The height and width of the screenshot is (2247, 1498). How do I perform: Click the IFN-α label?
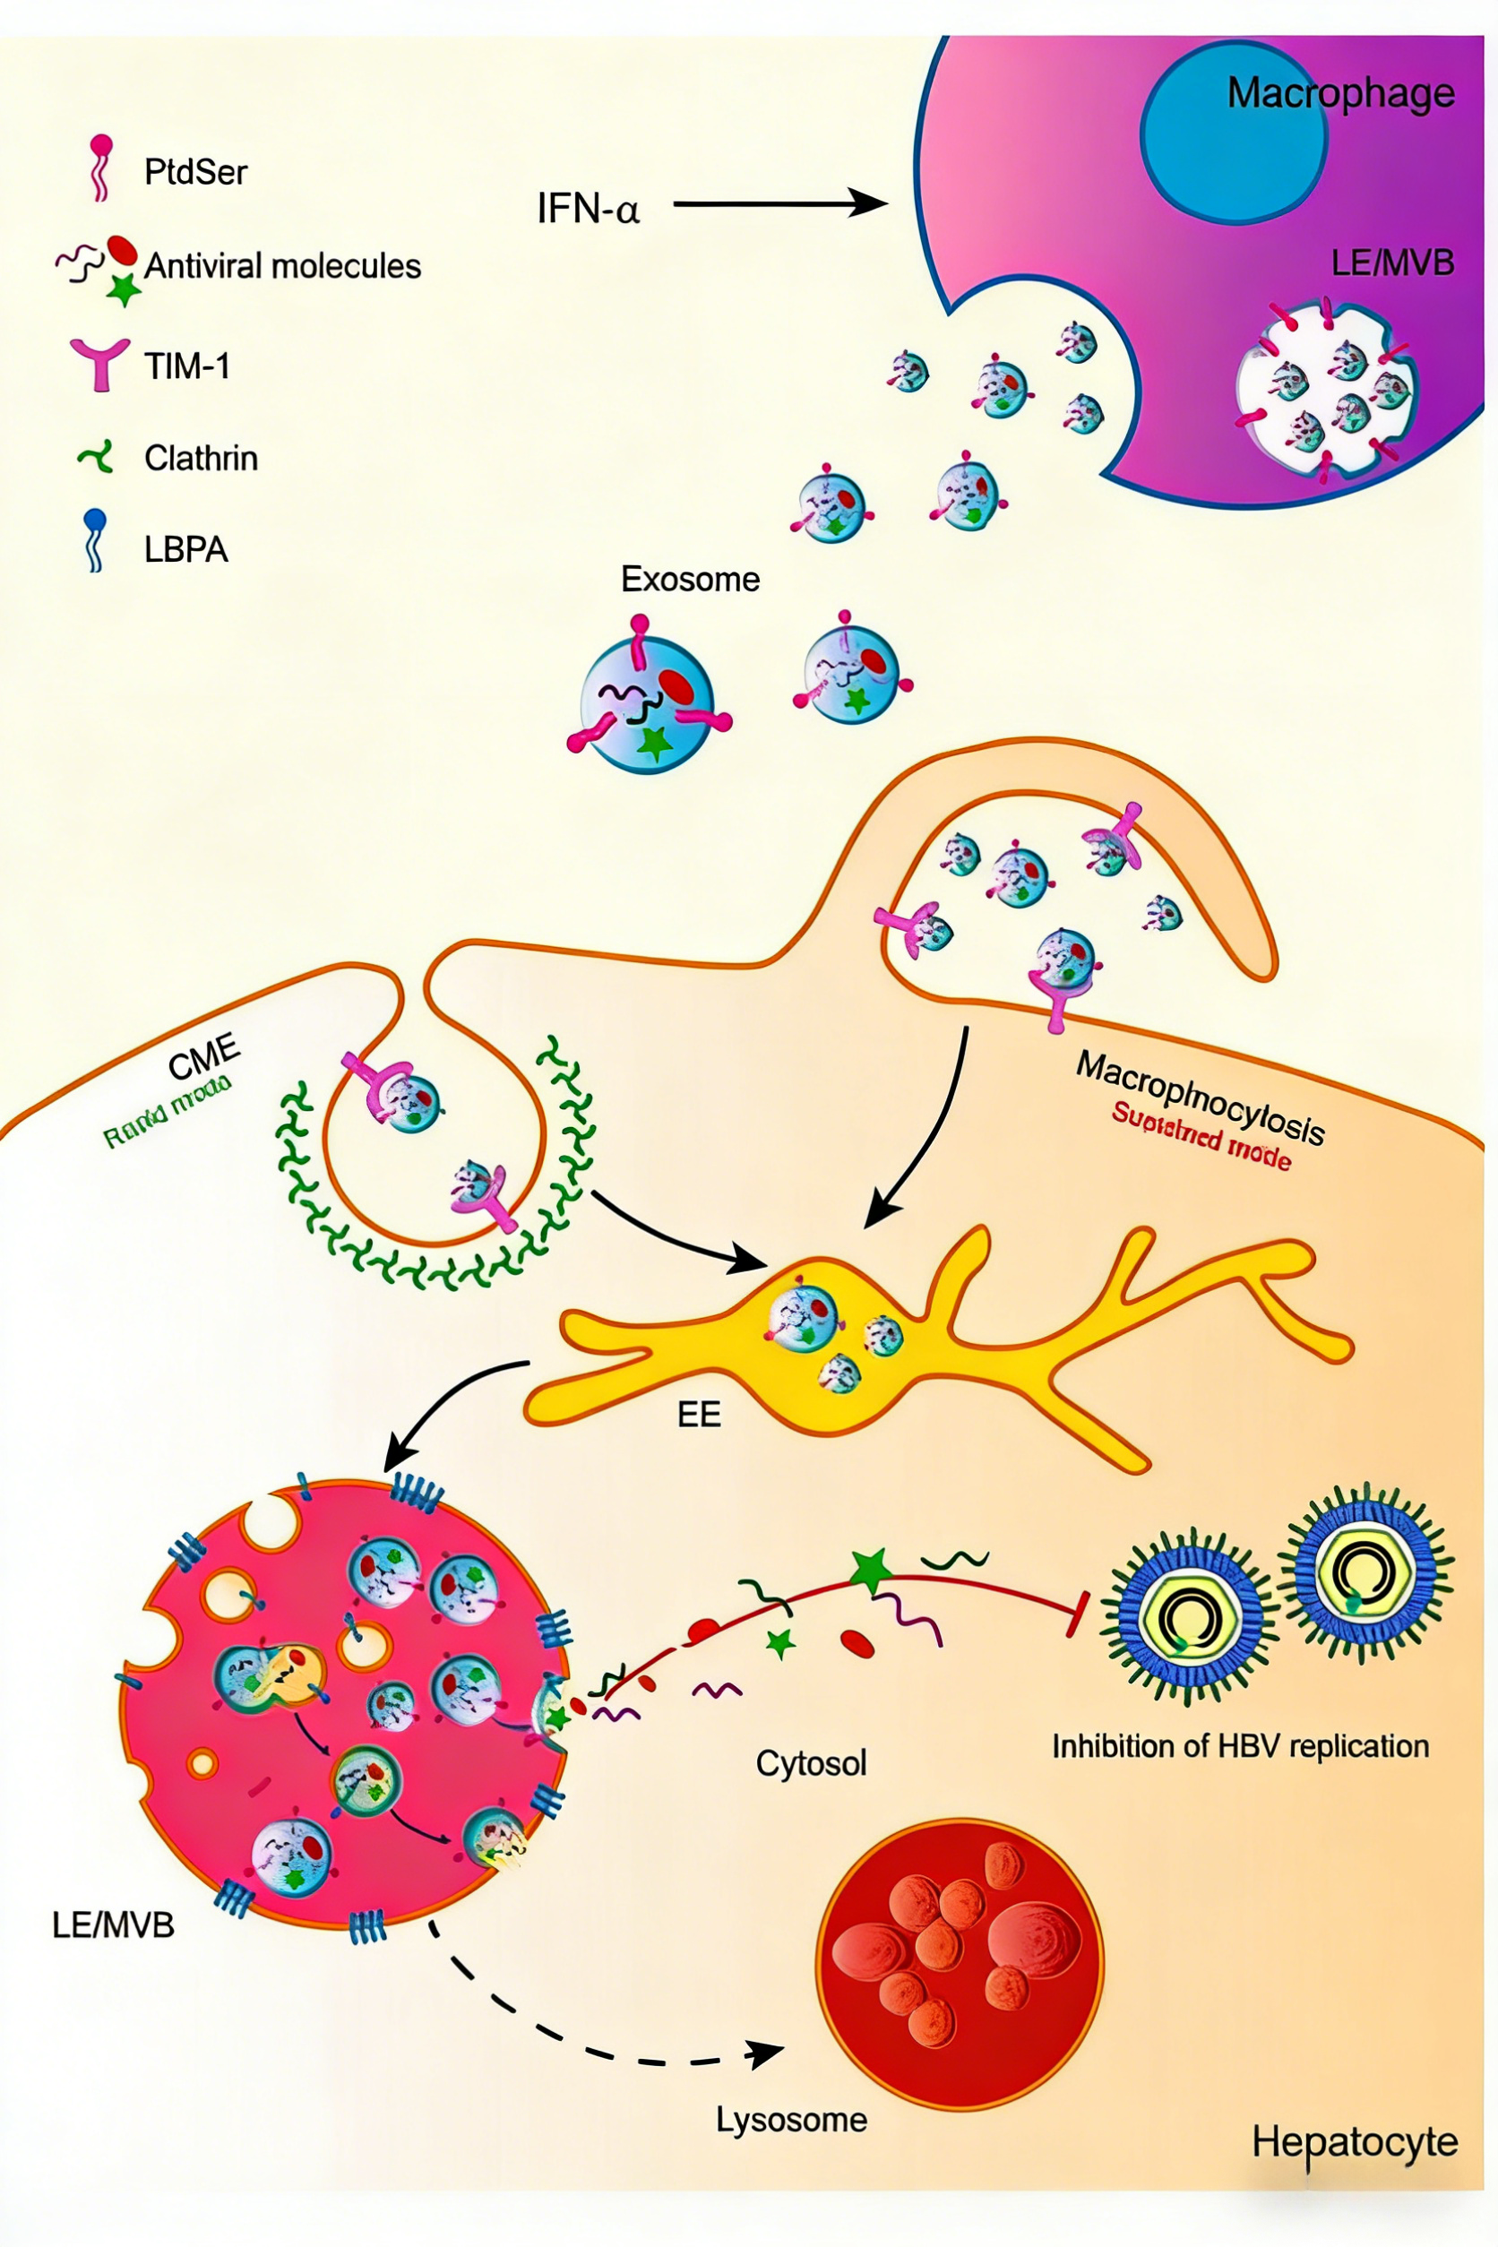click(x=588, y=207)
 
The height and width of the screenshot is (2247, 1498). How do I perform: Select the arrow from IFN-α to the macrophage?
click(x=779, y=203)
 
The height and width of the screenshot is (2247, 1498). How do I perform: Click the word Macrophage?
click(x=1340, y=93)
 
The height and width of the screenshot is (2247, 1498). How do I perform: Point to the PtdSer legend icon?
click(x=100, y=168)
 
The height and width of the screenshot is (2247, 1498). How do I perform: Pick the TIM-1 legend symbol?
click(x=99, y=364)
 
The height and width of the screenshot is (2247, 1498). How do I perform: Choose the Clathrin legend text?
click(x=201, y=459)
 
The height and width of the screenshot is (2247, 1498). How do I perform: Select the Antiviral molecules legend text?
click(x=282, y=265)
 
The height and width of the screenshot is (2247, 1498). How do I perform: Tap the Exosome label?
click(x=690, y=579)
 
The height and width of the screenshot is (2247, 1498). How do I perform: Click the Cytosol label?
click(x=811, y=1762)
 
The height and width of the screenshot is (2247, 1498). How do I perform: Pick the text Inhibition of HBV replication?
click(x=1240, y=1746)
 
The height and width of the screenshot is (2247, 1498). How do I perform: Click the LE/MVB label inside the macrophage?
click(x=1392, y=263)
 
